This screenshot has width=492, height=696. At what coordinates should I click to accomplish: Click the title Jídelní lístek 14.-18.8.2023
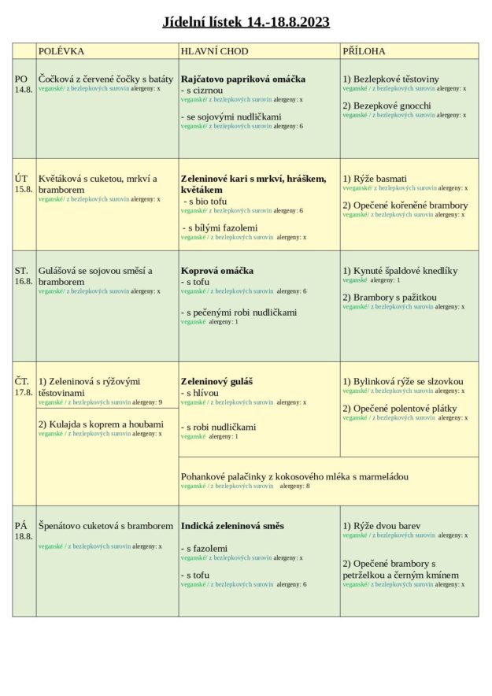click(246, 22)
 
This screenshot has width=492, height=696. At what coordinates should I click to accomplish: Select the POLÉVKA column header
click(61, 51)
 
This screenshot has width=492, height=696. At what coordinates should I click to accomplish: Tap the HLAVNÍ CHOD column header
click(214, 51)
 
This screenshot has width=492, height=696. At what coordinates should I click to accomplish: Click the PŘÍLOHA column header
click(364, 51)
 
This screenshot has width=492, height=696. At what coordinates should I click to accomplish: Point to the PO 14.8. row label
click(24, 84)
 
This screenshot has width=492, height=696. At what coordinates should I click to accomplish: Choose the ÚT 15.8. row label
click(24, 183)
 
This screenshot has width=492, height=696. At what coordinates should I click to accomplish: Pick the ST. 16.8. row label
click(24, 276)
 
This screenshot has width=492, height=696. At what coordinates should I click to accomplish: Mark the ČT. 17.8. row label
click(24, 387)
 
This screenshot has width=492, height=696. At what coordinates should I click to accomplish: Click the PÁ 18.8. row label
click(24, 531)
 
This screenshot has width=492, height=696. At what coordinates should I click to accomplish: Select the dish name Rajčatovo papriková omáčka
click(242, 79)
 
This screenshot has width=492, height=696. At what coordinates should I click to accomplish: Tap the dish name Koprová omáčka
click(216, 270)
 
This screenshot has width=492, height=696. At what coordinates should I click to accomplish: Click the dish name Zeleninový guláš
click(216, 381)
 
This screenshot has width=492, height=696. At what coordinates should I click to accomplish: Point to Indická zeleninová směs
click(232, 525)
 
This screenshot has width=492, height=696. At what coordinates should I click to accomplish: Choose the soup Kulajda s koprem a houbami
click(101, 424)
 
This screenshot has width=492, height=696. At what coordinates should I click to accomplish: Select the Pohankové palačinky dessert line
click(294, 476)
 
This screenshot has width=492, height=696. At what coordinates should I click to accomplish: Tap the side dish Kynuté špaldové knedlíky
click(400, 270)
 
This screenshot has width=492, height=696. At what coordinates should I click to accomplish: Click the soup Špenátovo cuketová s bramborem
click(105, 525)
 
